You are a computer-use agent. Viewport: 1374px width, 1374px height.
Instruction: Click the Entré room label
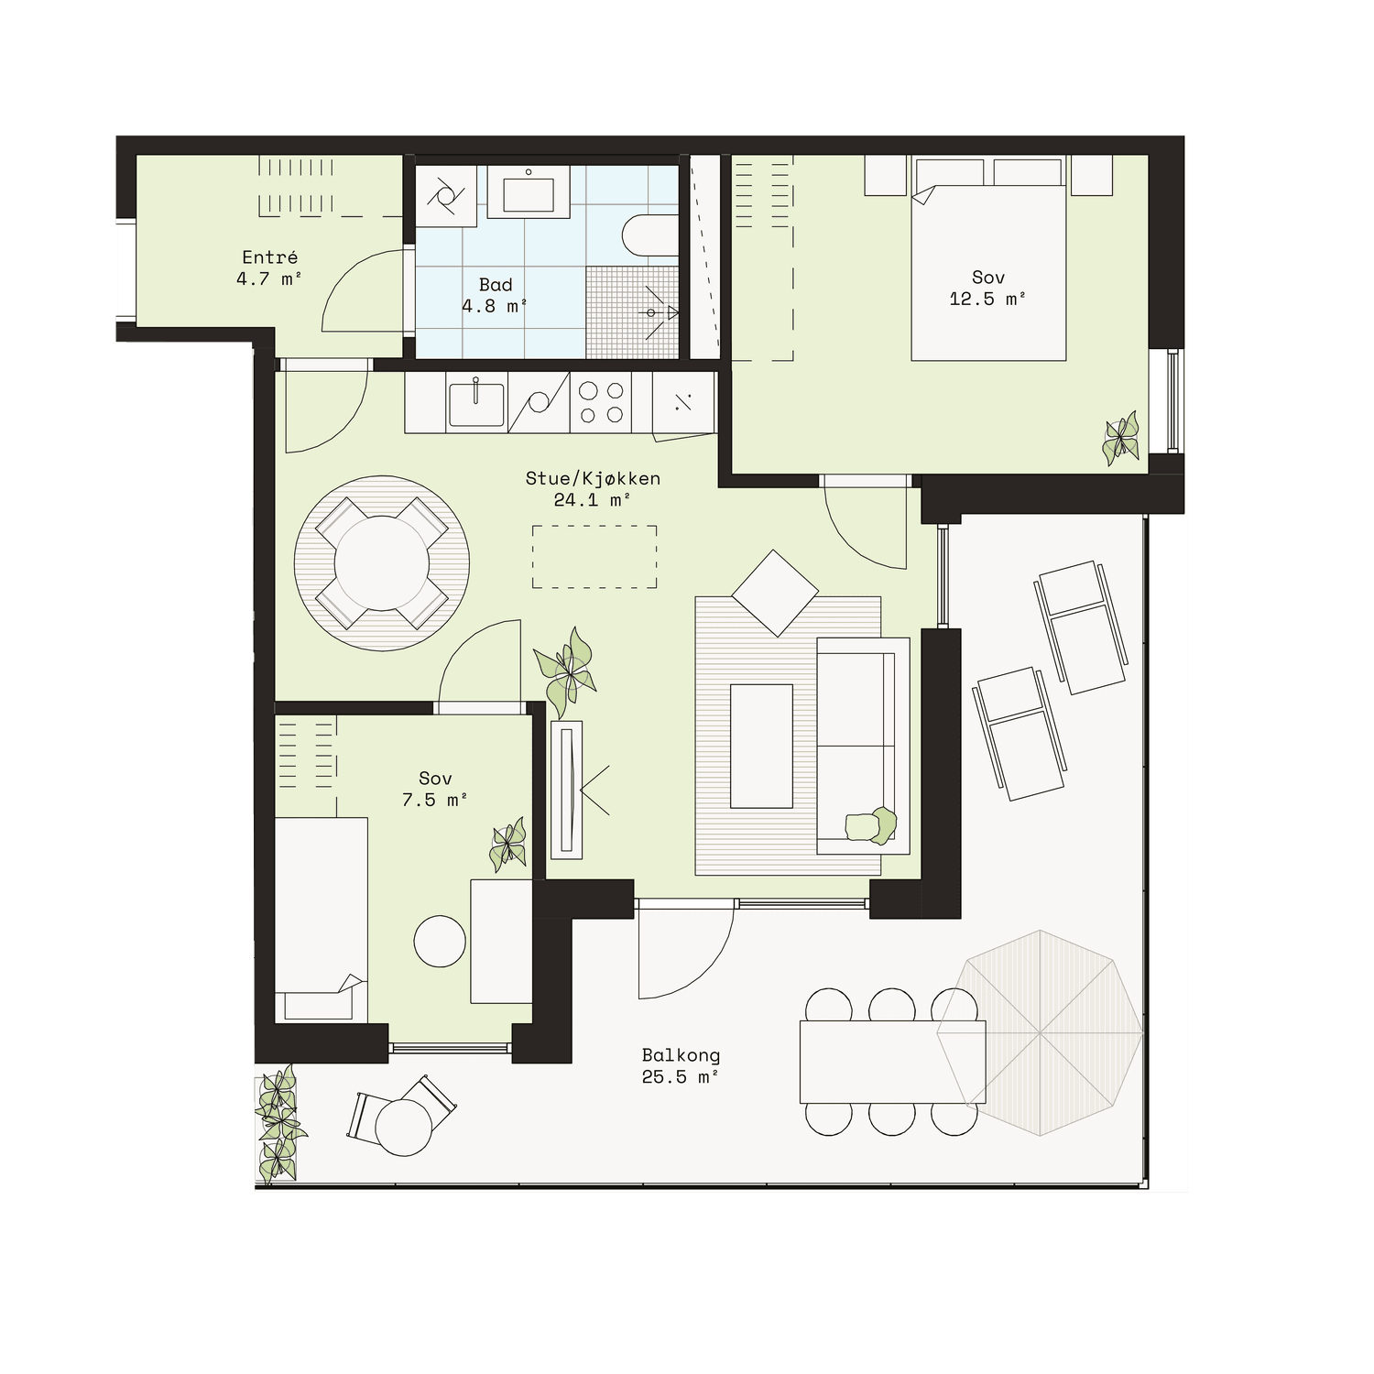click(x=270, y=257)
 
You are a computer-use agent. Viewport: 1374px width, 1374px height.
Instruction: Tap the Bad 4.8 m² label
click(x=495, y=296)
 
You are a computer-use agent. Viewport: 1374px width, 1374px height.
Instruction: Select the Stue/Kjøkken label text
click(x=593, y=478)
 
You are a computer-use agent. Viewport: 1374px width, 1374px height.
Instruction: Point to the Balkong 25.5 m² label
click(x=681, y=1066)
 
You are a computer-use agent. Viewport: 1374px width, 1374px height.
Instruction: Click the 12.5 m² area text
click(x=987, y=299)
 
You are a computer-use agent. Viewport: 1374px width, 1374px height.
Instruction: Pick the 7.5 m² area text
click(x=435, y=800)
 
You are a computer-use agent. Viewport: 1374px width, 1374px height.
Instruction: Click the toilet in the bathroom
click(x=649, y=235)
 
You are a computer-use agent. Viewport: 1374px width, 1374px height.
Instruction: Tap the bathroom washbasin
click(x=529, y=192)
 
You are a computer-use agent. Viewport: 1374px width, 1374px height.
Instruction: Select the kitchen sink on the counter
click(x=476, y=404)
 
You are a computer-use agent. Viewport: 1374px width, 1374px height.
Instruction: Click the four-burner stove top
click(x=600, y=402)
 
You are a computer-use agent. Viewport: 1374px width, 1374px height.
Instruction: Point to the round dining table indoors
click(x=382, y=562)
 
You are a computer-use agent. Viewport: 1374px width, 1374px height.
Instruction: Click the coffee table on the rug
click(x=761, y=746)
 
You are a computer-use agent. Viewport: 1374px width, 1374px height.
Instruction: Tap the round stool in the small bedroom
click(x=441, y=941)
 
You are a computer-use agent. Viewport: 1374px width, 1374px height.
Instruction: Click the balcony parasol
click(x=1041, y=1033)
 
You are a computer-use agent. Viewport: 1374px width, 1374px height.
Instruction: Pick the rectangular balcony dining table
click(x=893, y=1062)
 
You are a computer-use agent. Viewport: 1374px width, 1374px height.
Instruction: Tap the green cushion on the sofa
click(x=871, y=824)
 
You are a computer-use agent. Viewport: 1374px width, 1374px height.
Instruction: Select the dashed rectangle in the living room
click(x=594, y=557)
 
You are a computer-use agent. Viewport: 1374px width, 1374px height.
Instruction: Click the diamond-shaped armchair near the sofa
click(x=775, y=593)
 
